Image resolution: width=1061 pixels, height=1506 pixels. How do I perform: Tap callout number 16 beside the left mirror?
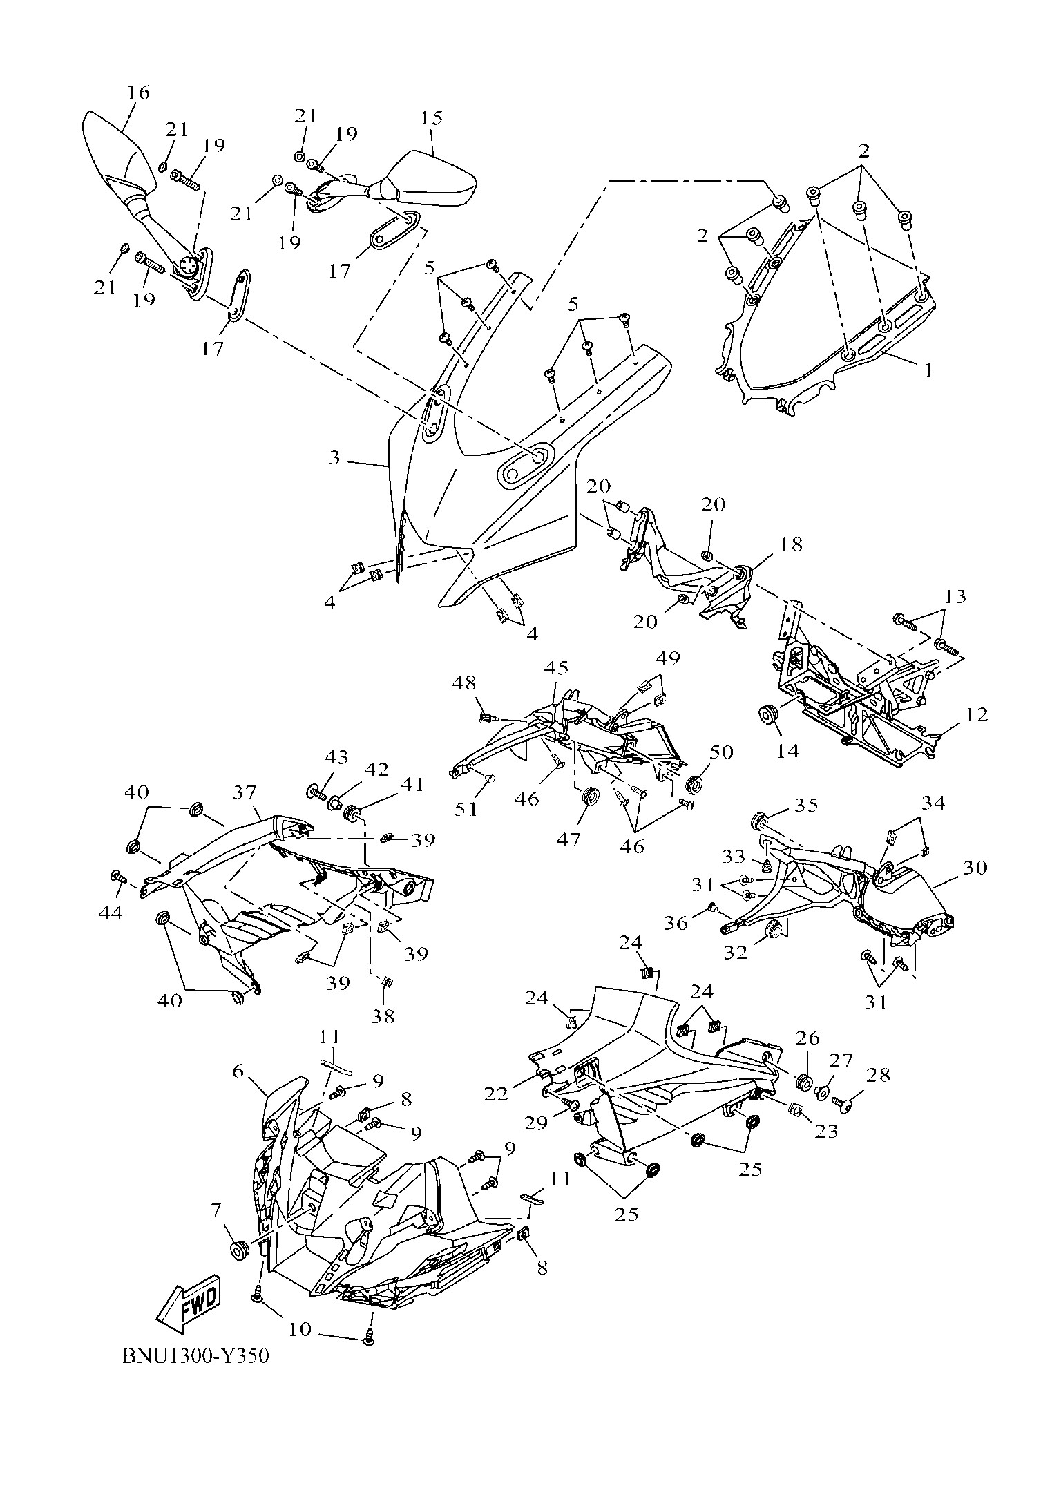(x=138, y=92)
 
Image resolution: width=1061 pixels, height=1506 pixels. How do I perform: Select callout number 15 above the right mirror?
(x=430, y=117)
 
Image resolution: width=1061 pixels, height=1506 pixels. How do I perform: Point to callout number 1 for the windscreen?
(x=928, y=370)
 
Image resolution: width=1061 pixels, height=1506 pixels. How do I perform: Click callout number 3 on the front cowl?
(x=335, y=457)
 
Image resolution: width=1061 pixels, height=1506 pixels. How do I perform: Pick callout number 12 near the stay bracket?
(x=977, y=716)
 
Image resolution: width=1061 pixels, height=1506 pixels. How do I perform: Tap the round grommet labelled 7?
(x=240, y=1249)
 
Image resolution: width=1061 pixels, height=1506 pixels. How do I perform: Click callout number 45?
(x=556, y=668)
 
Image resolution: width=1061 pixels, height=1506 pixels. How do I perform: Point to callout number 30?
(x=975, y=867)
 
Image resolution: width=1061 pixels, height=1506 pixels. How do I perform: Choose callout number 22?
(x=496, y=1094)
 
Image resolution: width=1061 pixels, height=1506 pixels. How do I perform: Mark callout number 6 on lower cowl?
(x=238, y=1071)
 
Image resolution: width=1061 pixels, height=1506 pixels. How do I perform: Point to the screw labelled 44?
(x=117, y=877)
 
